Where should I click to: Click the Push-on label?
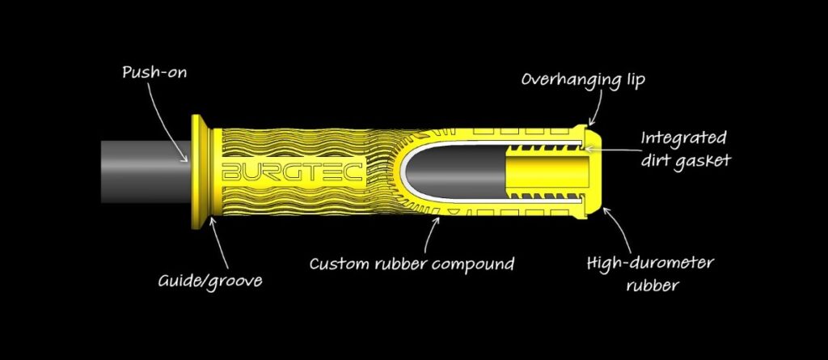154,72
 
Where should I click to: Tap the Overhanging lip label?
583,80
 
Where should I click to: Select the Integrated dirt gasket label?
684,149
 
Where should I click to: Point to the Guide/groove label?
210,280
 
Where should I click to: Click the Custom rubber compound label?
412,263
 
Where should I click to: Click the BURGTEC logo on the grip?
293,172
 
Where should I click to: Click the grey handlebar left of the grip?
146,172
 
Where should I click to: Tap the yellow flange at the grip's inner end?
201,172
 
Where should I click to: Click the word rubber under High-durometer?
653,285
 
